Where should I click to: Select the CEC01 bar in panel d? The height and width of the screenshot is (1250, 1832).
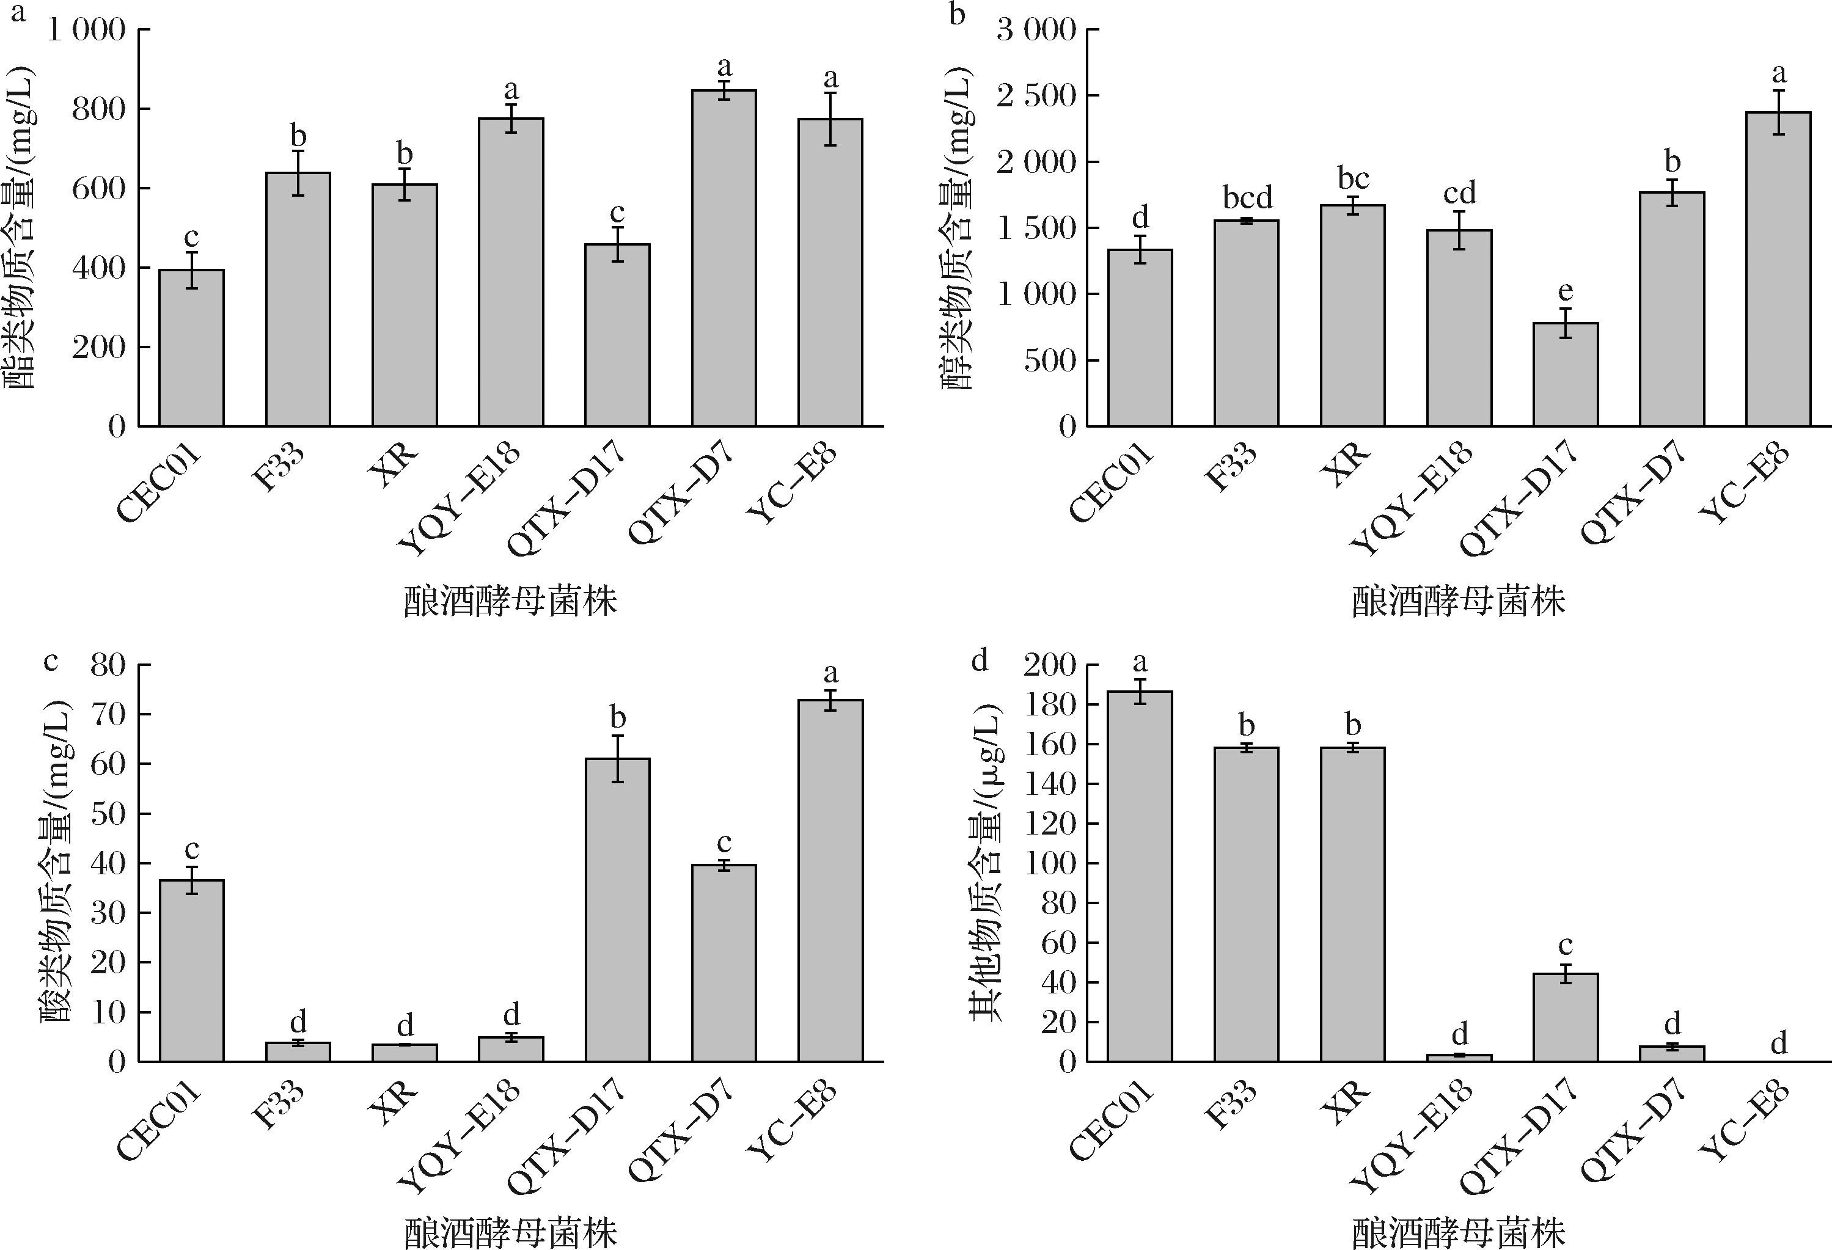[x=1139, y=875]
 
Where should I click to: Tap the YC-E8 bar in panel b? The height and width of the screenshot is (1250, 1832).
[x=1778, y=269]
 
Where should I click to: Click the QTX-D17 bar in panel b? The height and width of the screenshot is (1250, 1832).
[x=1565, y=375]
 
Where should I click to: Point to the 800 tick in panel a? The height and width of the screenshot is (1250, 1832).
[x=98, y=109]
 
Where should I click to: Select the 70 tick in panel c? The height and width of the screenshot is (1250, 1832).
[x=108, y=715]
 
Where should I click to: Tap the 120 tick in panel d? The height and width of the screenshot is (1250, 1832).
[x=1049, y=824]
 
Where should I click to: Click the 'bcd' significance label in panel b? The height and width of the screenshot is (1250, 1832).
[x=1247, y=197]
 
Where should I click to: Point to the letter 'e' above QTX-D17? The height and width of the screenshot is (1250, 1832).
[x=1565, y=291]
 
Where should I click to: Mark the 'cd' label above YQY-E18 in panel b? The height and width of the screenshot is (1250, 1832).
[x=1459, y=193]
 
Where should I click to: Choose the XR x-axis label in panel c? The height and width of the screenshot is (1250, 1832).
[x=392, y=1103]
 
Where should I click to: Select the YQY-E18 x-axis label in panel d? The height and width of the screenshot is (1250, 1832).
[x=1411, y=1135]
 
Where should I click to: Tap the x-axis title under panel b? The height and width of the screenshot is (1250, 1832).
[x=1459, y=602]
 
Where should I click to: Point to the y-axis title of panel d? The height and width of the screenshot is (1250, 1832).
[x=986, y=863]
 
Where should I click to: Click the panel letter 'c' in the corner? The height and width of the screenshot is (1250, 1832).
[x=51, y=660]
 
